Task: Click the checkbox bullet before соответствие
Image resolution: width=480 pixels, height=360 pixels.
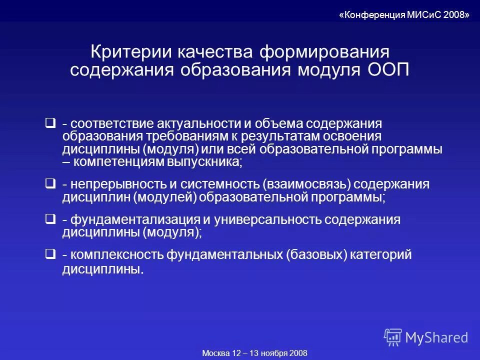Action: tap(50, 122)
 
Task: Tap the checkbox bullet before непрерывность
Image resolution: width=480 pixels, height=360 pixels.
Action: tap(50, 184)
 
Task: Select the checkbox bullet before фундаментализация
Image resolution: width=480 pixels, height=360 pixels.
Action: tap(50, 219)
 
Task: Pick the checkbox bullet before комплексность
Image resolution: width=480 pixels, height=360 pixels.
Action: tap(50, 254)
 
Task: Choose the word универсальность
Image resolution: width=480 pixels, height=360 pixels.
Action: tap(267, 219)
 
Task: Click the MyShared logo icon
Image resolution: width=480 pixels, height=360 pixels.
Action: tap(393, 337)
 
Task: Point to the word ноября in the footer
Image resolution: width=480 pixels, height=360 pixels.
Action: tap(272, 353)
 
